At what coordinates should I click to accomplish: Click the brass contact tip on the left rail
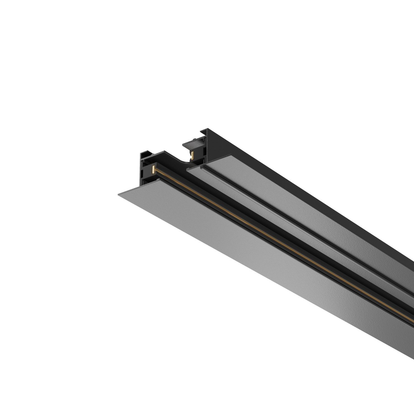[x=152, y=170]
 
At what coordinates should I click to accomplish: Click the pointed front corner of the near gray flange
[x=118, y=193]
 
